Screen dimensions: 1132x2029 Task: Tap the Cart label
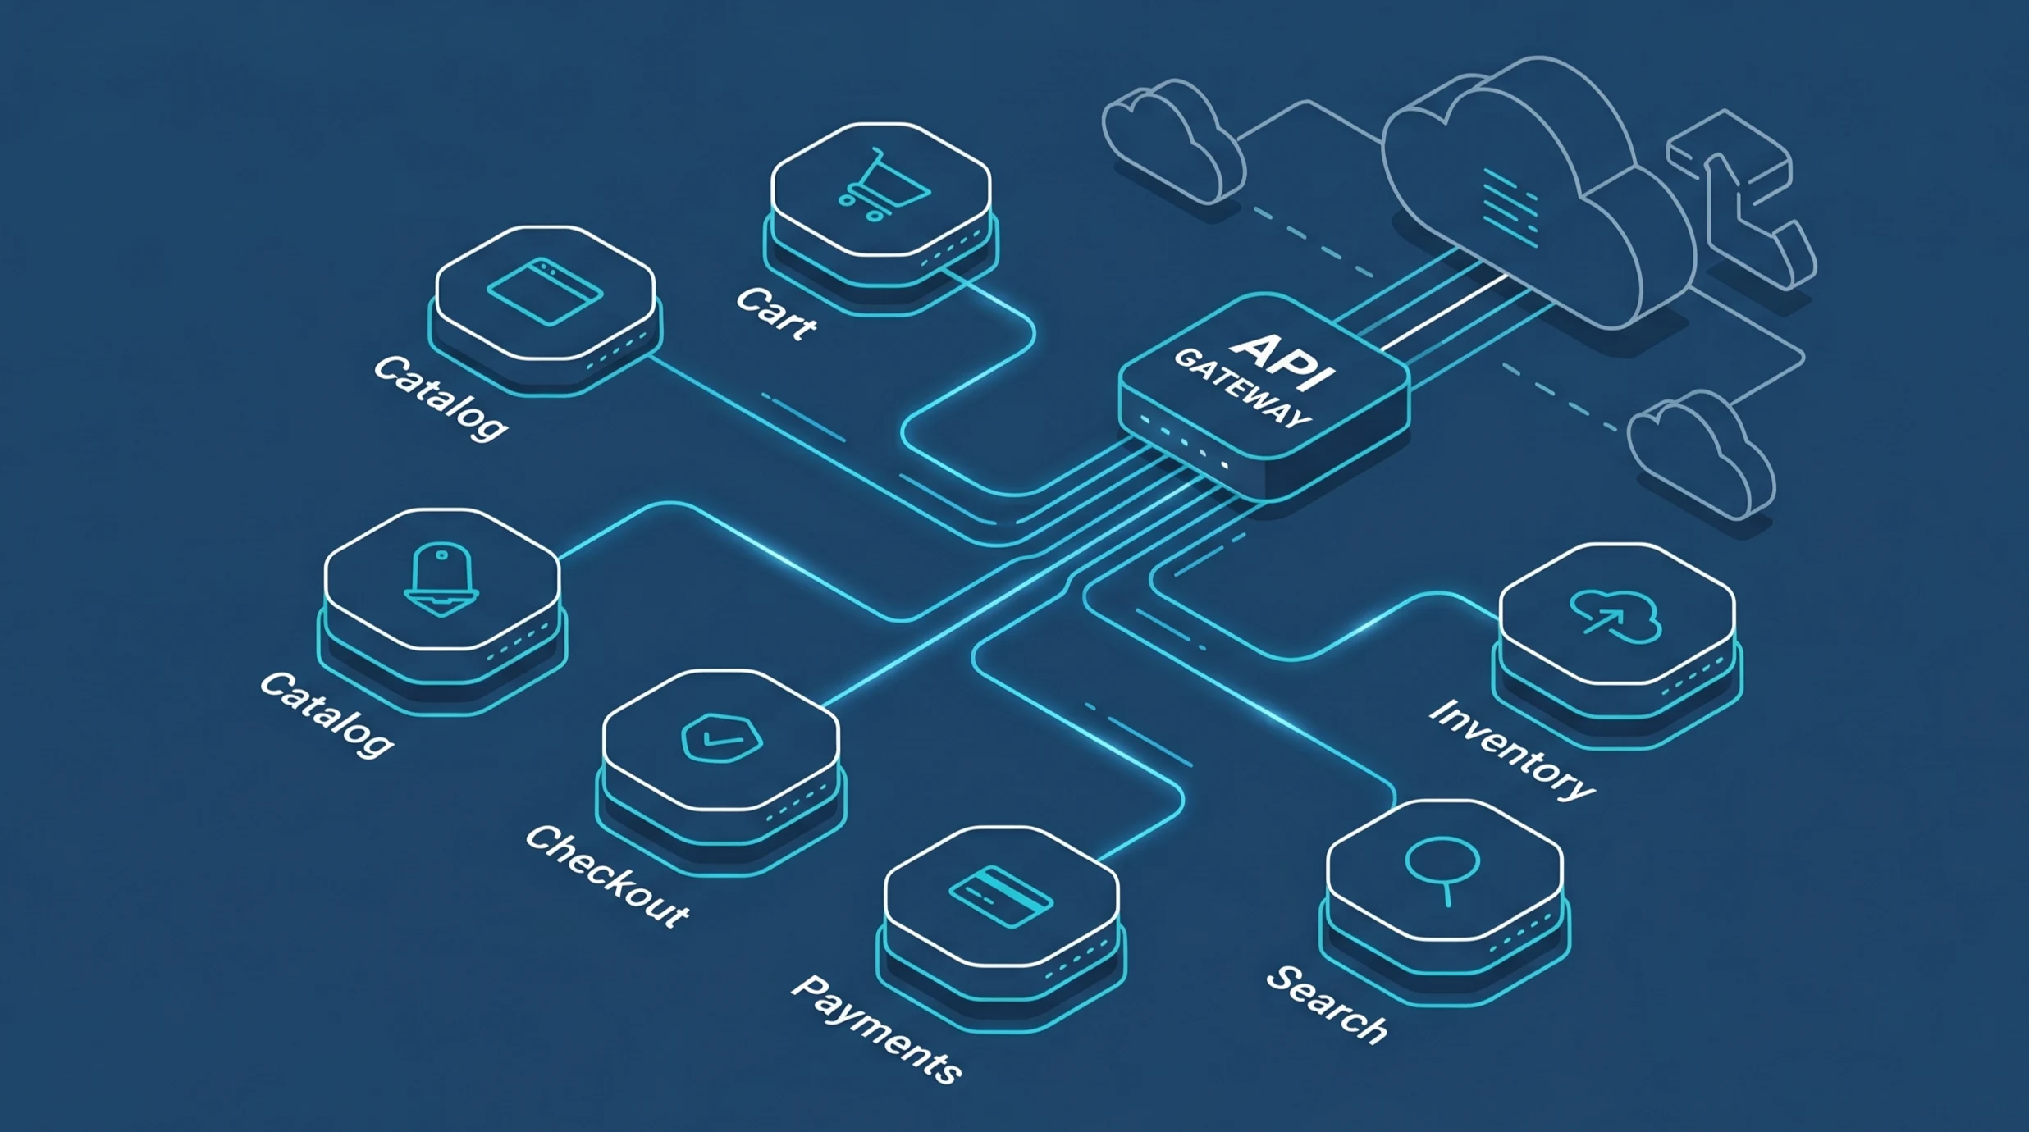776,314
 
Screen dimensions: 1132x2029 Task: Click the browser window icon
545,291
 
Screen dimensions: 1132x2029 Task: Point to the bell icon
441,579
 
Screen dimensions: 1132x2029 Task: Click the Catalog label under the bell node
327,714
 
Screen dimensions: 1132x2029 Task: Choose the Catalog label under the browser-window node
441,399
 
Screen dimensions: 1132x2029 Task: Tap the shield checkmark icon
721,737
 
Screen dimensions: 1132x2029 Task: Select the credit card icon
1001,897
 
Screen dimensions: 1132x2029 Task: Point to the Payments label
876,1029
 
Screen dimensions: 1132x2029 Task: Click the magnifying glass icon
1442,868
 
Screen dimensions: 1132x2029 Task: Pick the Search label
1327,1005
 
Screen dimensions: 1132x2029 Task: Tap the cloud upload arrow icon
1615,616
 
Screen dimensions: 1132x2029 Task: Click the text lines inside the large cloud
1510,208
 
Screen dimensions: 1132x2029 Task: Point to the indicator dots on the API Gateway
1183,443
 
